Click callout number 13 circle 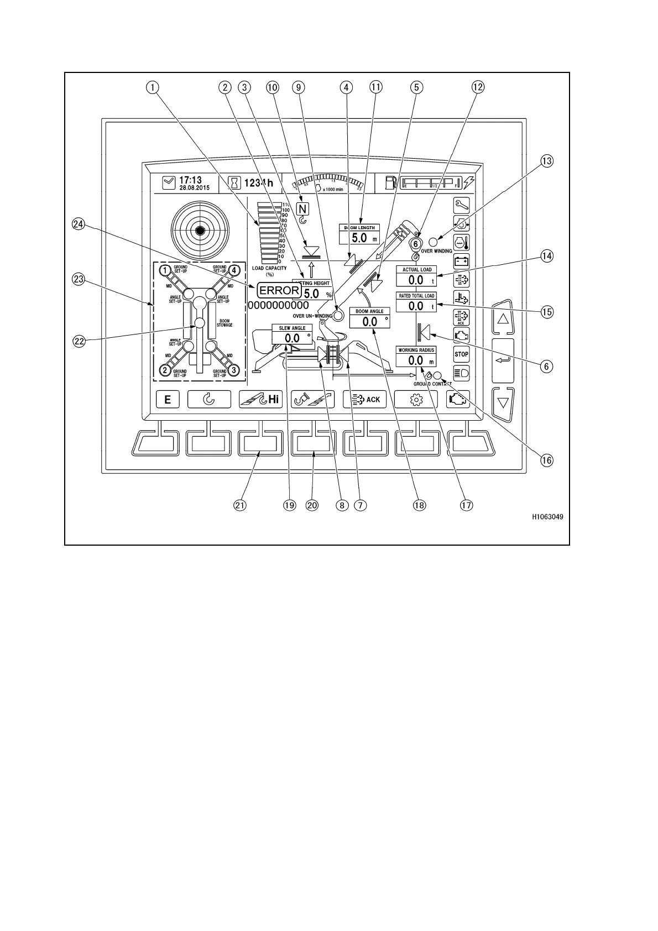[x=546, y=161]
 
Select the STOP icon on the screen [x=461, y=354]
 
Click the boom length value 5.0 [x=359, y=238]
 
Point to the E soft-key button [x=168, y=399]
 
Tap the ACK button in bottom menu [x=365, y=399]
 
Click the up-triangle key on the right [x=503, y=319]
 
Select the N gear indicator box [x=302, y=209]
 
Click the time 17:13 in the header [x=190, y=180]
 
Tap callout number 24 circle [x=78, y=224]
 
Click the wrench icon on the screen [x=461, y=205]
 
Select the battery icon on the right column [x=461, y=260]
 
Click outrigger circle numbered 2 [x=164, y=370]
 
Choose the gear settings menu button [x=416, y=399]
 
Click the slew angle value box [x=292, y=338]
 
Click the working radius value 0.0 [x=415, y=360]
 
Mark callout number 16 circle [x=546, y=460]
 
